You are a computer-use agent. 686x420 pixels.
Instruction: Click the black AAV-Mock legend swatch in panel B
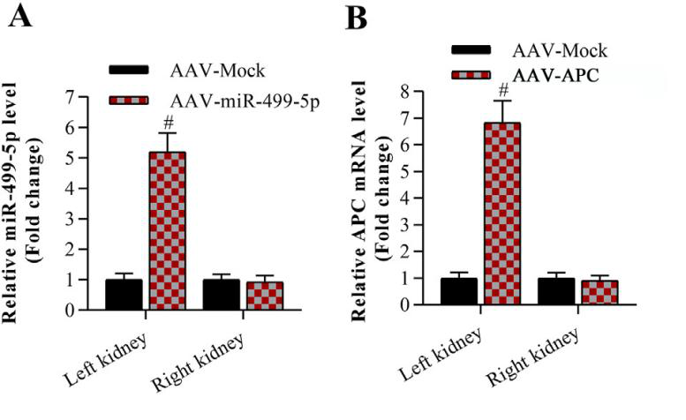(x=478, y=50)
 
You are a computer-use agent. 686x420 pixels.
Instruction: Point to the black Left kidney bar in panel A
(x=124, y=295)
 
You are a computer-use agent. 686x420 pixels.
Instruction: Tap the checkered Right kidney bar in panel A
(x=265, y=296)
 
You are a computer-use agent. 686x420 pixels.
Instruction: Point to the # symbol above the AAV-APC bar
(x=503, y=89)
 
